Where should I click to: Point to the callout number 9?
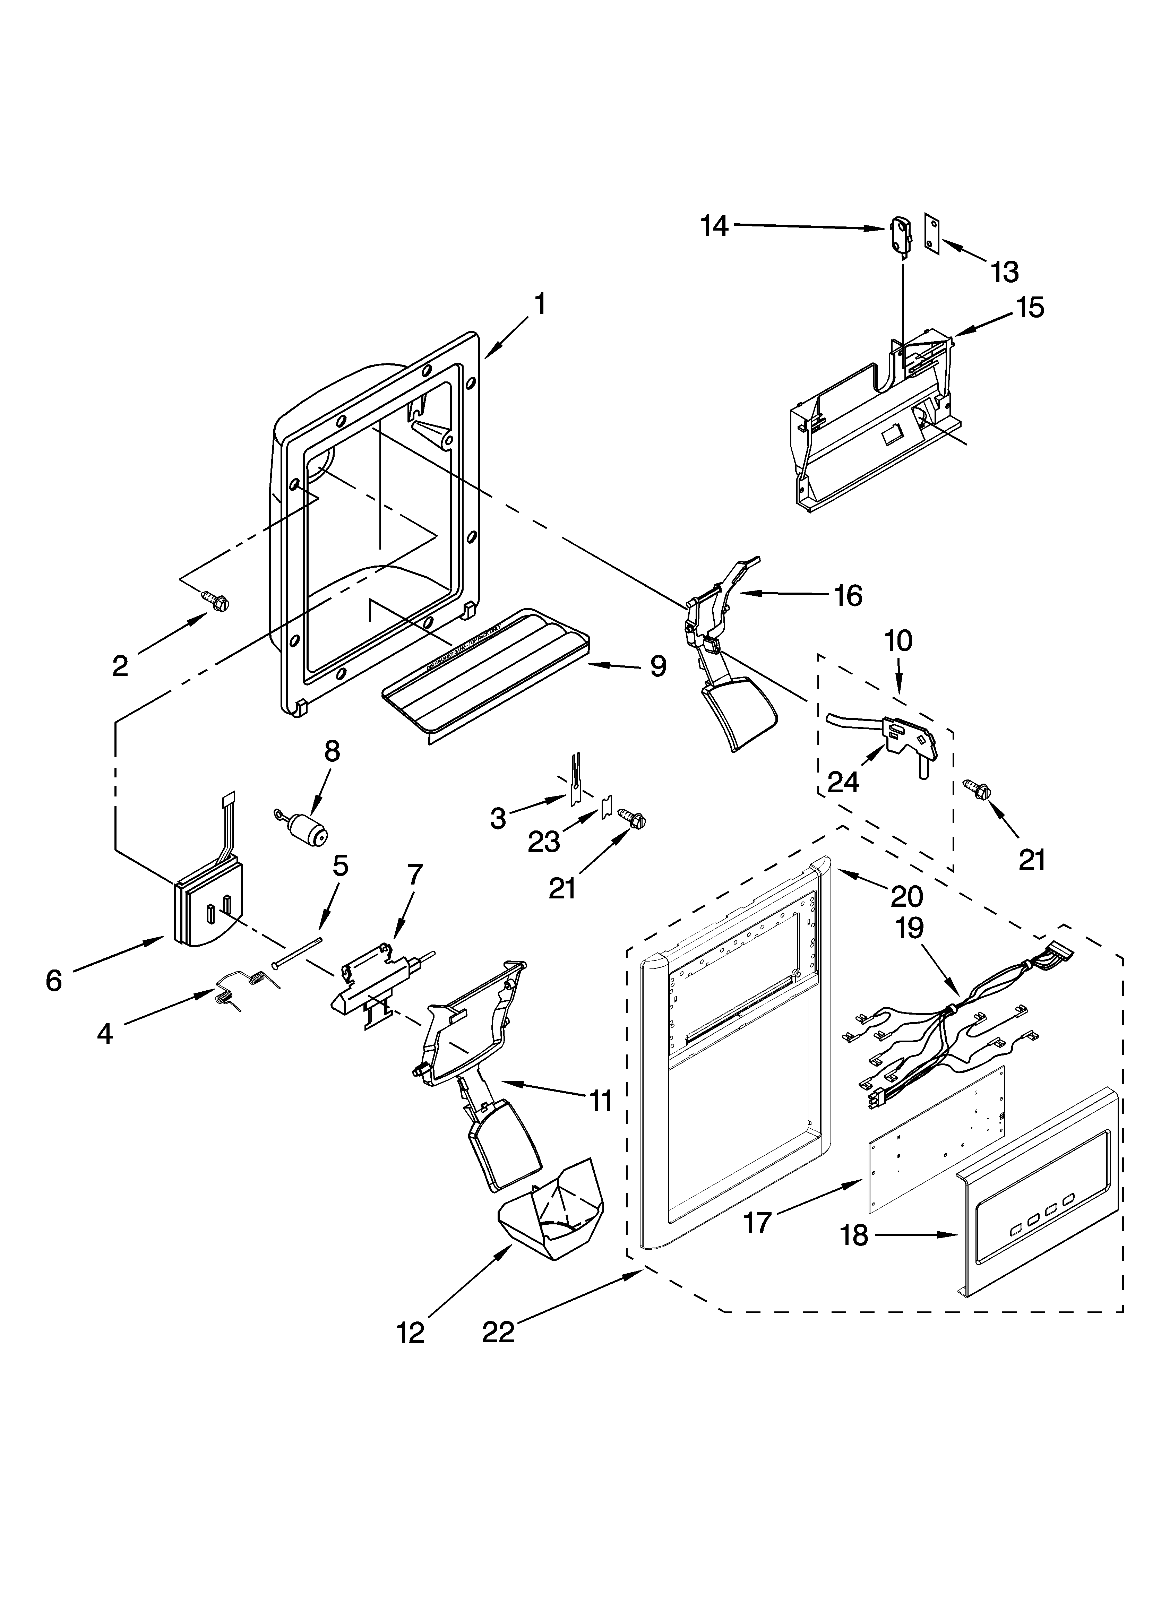coord(657,666)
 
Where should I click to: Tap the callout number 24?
coord(843,782)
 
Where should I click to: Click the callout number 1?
coord(540,304)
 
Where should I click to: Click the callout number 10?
coord(898,641)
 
